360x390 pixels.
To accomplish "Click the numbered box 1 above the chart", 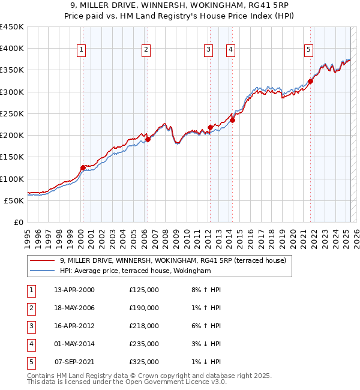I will (81, 50).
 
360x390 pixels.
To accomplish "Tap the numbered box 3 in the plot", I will (208, 50).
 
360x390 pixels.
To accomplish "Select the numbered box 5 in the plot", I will (308, 50).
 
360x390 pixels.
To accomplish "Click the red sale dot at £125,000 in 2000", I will (83, 168).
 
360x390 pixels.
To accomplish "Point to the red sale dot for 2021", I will (311, 81).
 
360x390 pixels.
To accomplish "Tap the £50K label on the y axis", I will (14, 200).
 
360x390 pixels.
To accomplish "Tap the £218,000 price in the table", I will (144, 326).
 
